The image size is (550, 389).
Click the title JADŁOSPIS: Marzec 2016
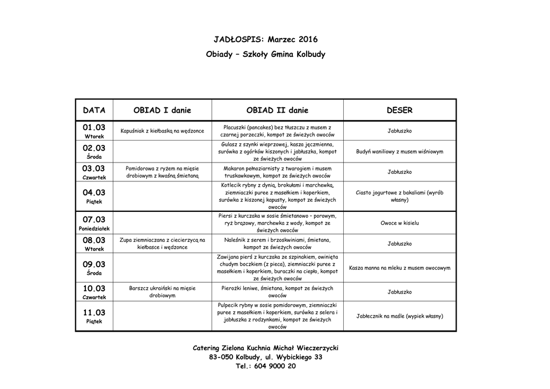(265, 40)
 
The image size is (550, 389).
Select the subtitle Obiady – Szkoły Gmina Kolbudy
(265, 55)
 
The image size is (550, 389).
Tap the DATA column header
(95, 111)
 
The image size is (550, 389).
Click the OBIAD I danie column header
(162, 111)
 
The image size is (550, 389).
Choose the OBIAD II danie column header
(277, 111)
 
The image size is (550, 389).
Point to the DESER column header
(400, 111)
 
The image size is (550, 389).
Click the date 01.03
(95, 128)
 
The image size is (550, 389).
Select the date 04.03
(95, 193)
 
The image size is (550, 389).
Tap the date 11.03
(95, 313)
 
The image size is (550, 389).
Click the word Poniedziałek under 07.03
(95, 229)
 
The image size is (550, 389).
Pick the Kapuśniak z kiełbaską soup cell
(162, 131)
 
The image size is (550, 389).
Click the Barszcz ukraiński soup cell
(162, 292)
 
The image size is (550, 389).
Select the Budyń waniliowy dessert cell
(400, 152)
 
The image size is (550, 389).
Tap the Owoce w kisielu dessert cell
(400, 223)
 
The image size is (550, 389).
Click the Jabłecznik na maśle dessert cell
(400, 316)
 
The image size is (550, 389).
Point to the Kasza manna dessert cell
(400, 268)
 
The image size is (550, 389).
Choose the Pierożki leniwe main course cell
(277, 292)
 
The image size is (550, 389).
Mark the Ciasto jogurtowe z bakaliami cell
(400, 196)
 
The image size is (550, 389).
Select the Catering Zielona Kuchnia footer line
(265, 348)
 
